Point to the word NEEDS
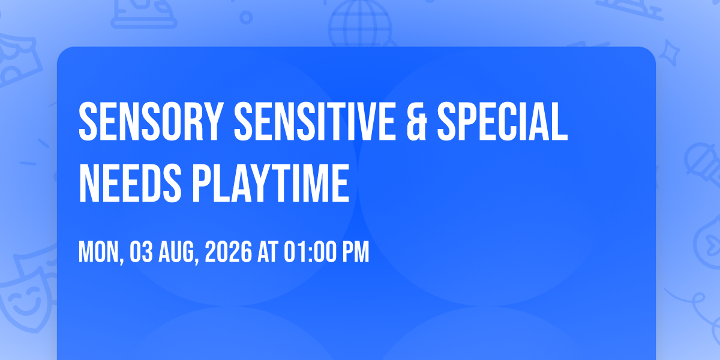(130, 183)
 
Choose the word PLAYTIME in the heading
(271, 183)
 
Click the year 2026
(228, 252)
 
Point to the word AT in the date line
(268, 252)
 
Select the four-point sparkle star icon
(669, 53)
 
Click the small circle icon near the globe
(246, 17)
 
